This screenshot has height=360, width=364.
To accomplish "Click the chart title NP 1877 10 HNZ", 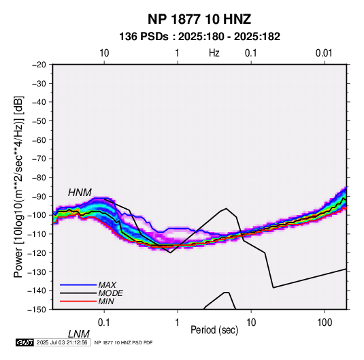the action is click(x=199, y=19).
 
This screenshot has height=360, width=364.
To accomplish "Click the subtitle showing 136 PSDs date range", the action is click(x=199, y=37).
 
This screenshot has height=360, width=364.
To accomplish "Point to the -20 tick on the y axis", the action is click(x=39, y=65).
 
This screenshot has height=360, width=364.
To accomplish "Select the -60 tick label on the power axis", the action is click(x=39, y=140).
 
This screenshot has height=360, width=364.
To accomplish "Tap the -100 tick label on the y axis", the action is click(x=37, y=215).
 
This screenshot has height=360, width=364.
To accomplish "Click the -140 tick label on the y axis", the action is click(x=37, y=291).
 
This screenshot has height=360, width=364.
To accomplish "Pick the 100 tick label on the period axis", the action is click(x=325, y=322).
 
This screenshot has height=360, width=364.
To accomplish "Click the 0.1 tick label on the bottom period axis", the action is click(x=103, y=322).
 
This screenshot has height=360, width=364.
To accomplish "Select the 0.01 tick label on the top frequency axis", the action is click(x=324, y=53).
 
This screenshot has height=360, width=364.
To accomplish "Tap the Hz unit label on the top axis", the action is click(x=214, y=53).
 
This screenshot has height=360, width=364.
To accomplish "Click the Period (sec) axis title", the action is click(x=214, y=330).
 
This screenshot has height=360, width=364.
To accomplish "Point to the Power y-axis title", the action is click(x=18, y=187).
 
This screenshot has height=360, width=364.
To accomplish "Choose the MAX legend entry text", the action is click(x=107, y=284).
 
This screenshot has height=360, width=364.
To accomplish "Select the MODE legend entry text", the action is click(x=110, y=293).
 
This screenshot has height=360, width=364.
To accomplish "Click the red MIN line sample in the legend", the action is click(x=78, y=301).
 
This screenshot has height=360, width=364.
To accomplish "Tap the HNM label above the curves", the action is click(x=80, y=193).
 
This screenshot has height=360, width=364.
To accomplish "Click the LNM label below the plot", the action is click(x=79, y=334).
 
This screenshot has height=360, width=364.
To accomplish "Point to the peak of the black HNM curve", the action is click(x=226, y=208).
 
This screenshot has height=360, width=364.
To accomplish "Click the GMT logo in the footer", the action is click(x=24, y=342).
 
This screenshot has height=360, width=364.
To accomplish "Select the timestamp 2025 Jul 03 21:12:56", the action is click(x=62, y=342).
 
